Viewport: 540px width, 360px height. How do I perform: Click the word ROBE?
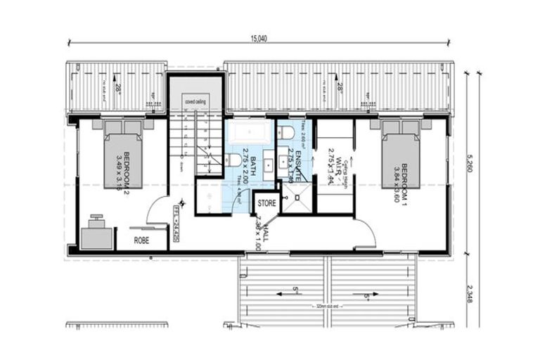point(141,240)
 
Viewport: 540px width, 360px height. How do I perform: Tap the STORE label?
point(266,203)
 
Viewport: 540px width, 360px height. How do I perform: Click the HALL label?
point(259,233)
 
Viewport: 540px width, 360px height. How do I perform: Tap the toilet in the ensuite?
point(285,131)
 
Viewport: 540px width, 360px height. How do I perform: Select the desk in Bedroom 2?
point(97,235)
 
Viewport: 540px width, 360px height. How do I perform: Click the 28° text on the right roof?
point(340,89)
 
